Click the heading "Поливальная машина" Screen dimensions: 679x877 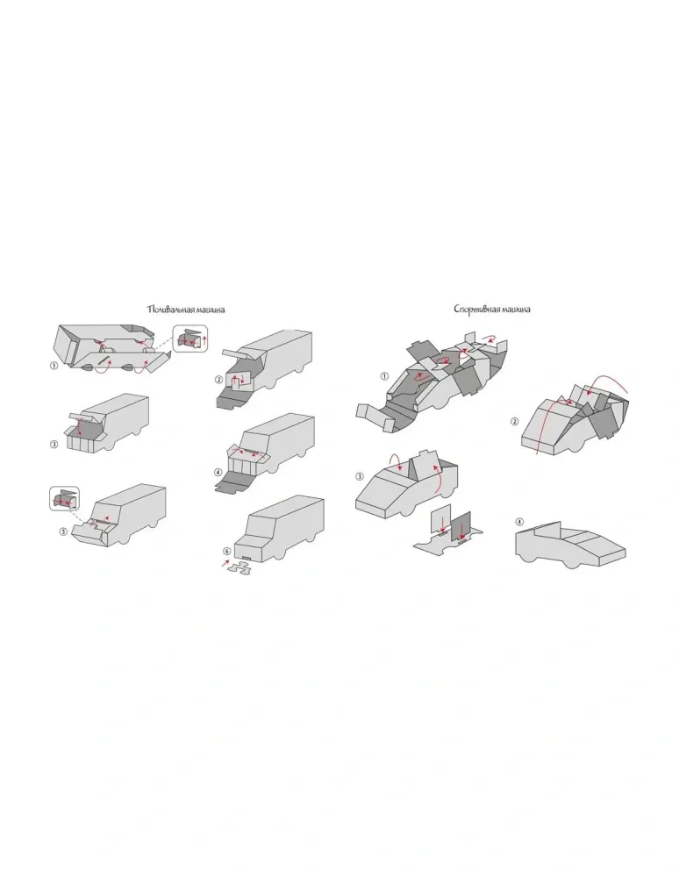(186, 310)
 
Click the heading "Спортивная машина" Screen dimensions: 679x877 (492, 309)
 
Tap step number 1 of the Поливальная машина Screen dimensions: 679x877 (54, 365)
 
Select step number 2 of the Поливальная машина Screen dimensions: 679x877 (218, 380)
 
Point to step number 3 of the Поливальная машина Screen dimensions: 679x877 (54, 444)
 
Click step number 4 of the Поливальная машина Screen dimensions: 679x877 (218, 473)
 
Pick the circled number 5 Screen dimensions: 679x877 (63, 531)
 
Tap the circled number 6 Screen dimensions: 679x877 (226, 551)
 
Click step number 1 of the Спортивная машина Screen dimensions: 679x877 (383, 376)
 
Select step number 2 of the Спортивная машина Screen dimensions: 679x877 (515, 421)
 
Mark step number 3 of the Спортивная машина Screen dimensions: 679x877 (360, 476)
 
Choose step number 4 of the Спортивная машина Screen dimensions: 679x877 (519, 522)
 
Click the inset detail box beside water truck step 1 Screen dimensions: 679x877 (190, 339)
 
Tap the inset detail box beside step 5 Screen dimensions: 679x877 (65, 498)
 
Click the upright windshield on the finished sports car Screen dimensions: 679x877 (547, 529)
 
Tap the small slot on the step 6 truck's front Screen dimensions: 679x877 (246, 557)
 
